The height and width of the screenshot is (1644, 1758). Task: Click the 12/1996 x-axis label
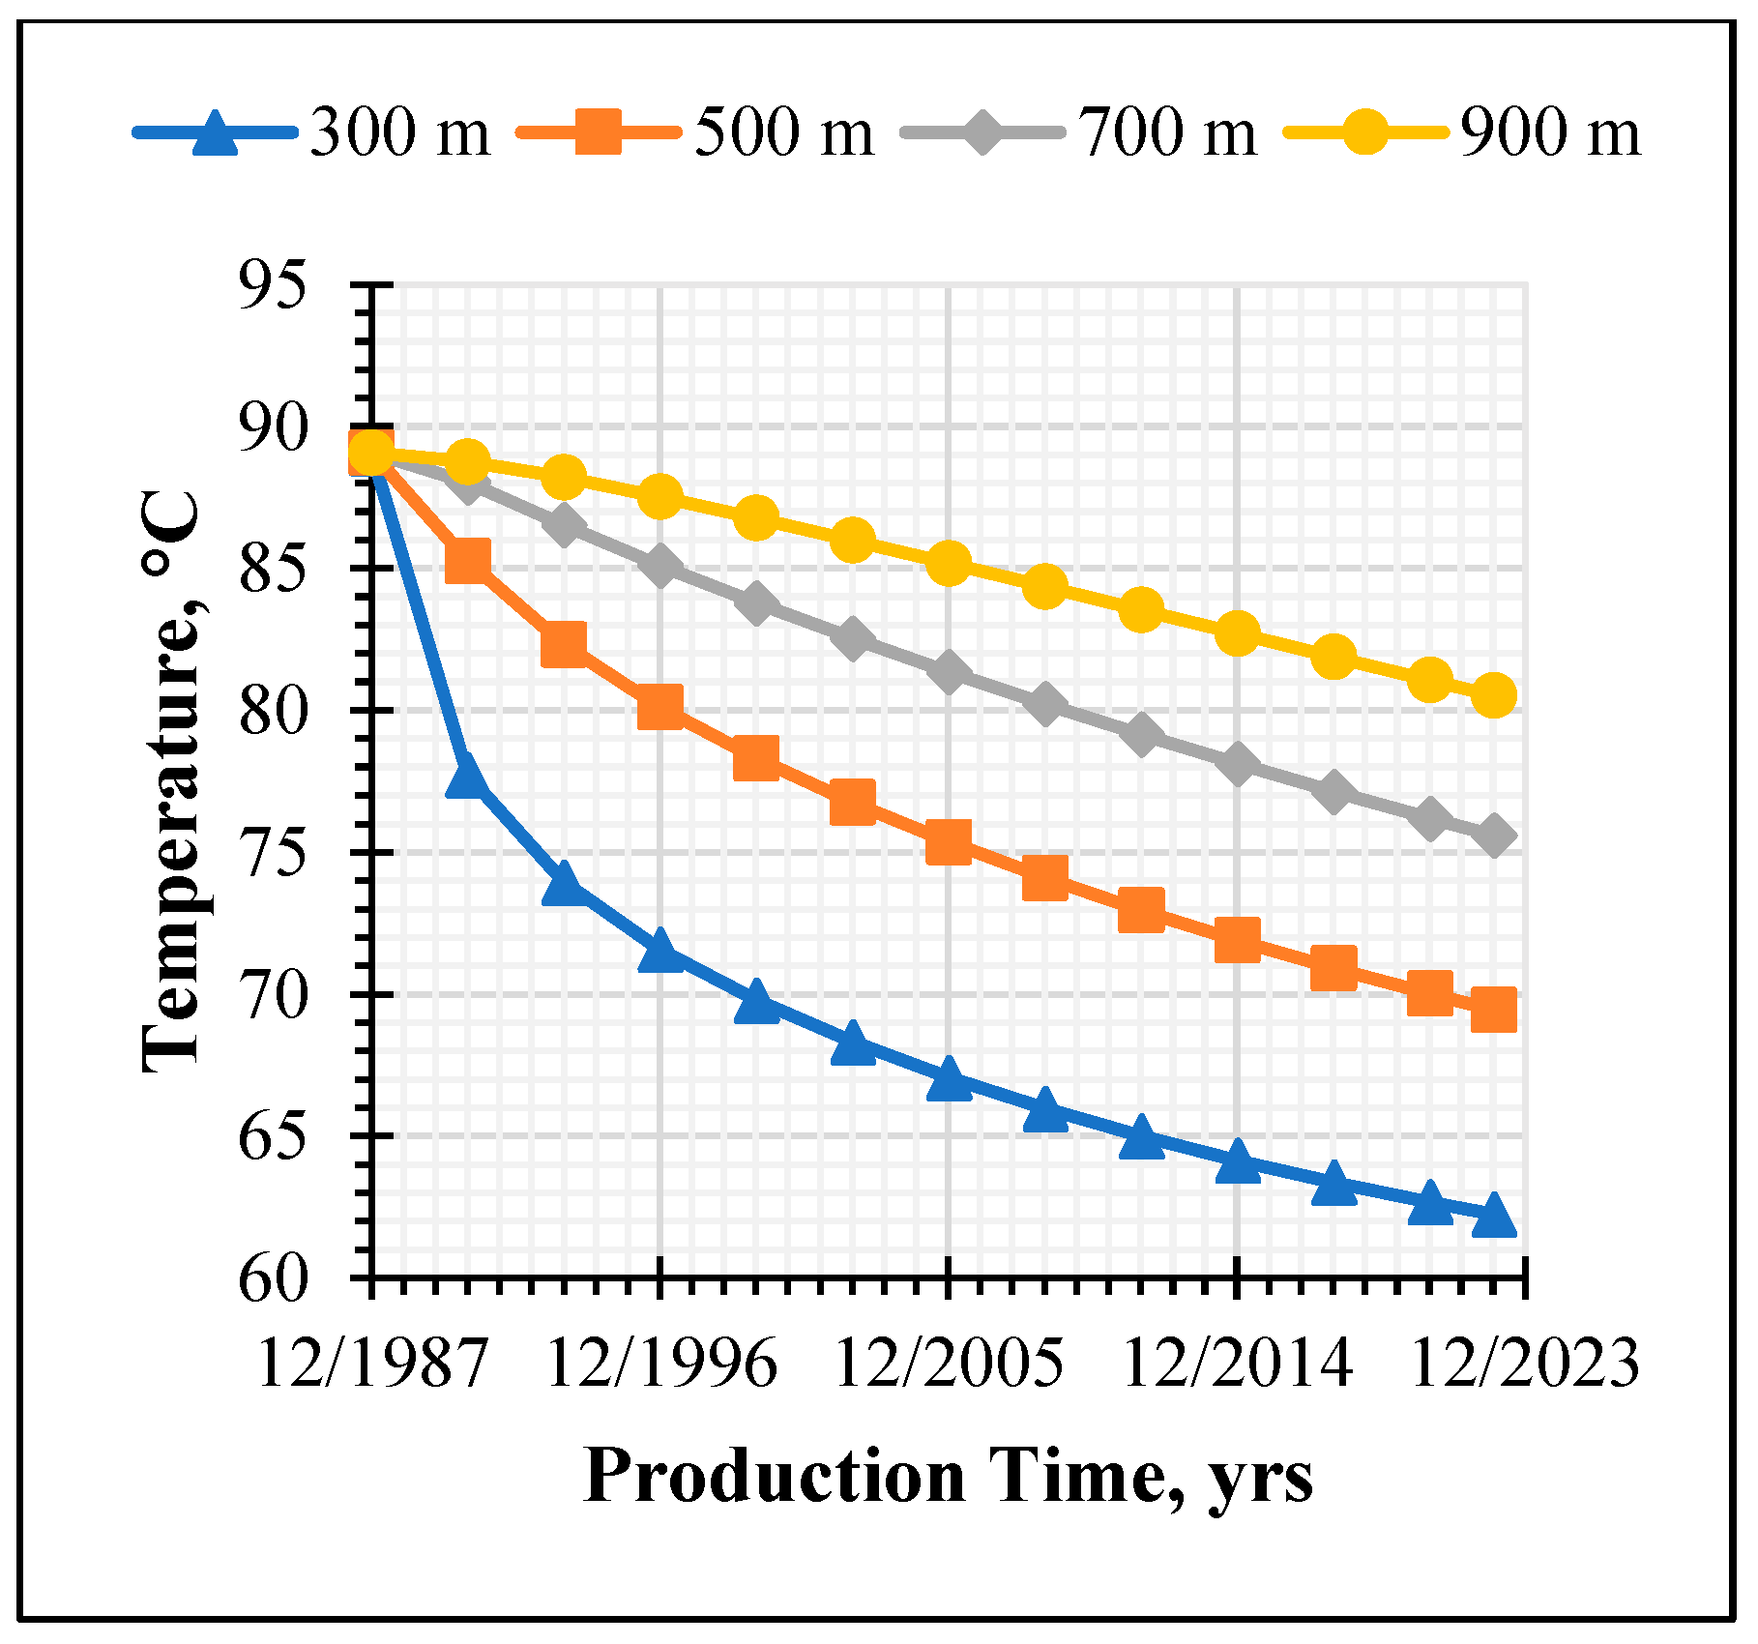[661, 1365]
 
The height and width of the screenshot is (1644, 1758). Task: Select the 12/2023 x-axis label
[1525, 1365]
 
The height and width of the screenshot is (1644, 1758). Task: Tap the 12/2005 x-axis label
[949, 1365]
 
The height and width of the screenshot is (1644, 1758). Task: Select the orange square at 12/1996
[660, 707]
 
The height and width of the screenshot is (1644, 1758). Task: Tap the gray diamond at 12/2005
[949, 672]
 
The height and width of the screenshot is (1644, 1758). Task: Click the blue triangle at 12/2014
[1238, 1161]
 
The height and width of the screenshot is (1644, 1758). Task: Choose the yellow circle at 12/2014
[1238, 634]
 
